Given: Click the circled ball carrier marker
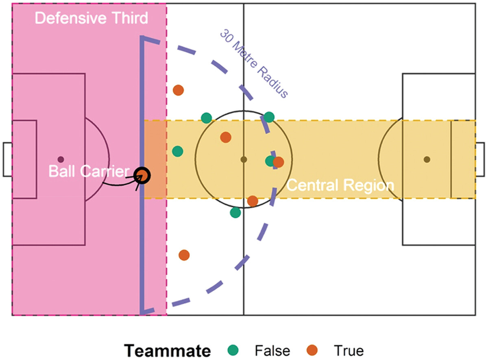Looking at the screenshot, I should tap(143, 176).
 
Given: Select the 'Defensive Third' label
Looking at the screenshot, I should tap(91, 18).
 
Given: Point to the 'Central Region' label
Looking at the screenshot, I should tap(340, 185).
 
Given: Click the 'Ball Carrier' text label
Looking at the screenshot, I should tap(88, 171).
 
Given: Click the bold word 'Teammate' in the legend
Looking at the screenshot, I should tap(168, 350).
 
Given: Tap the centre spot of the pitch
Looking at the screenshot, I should tap(244, 159).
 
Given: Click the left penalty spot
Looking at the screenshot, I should tap(61, 159).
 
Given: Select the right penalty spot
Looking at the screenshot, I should tap(427, 159).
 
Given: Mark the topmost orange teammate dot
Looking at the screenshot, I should tap(178, 90).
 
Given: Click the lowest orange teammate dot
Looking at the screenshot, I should tap(184, 255).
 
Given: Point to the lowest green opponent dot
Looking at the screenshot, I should tap(235, 212).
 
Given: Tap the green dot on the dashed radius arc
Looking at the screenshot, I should tap(269, 117).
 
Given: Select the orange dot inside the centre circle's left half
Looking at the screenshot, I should tap(225, 137).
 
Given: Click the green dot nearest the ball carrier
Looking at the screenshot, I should tap(178, 151).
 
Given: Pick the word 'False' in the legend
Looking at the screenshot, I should tap(272, 350).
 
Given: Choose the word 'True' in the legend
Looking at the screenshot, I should tap(349, 350).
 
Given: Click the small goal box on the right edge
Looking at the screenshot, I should tap(480, 159).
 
